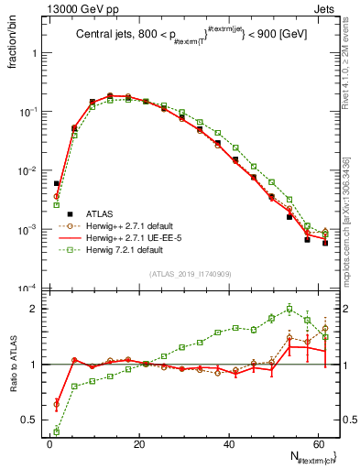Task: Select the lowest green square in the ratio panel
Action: tap(57, 431)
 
